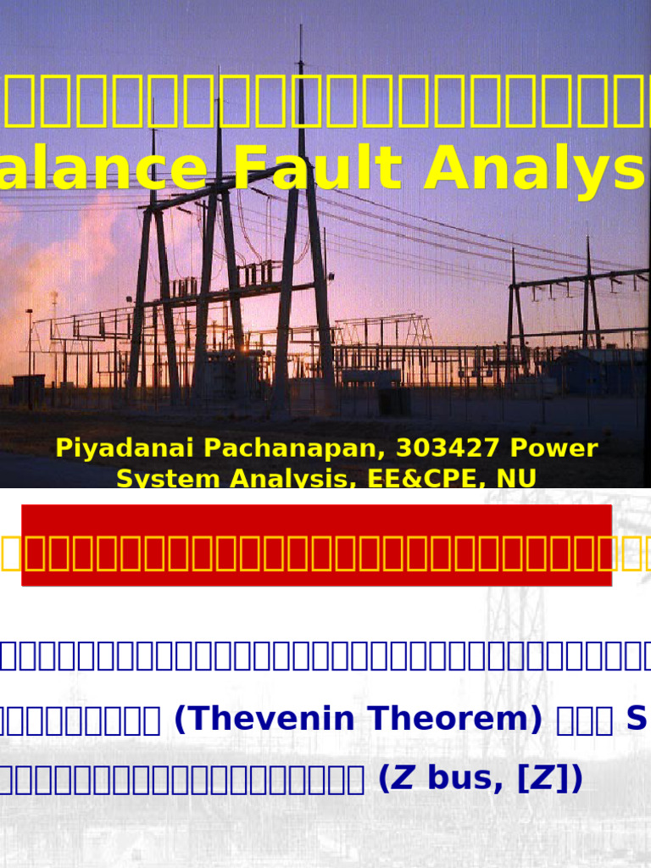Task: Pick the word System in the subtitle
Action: click(x=156, y=478)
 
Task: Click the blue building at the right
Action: click(x=593, y=370)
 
